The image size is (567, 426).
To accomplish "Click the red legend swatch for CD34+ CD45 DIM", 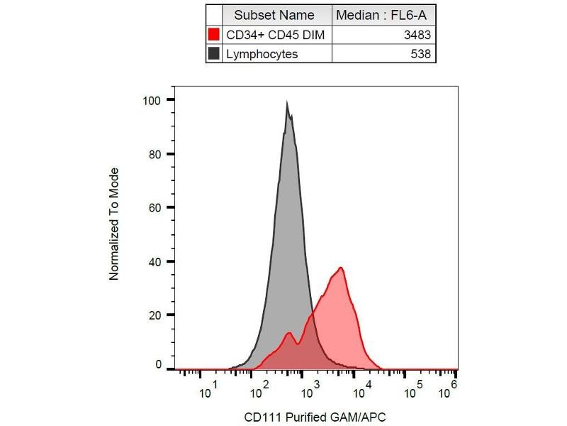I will coord(214,35).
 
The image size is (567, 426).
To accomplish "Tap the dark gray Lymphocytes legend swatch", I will coord(214,53).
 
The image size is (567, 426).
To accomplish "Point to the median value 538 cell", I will coord(420,53).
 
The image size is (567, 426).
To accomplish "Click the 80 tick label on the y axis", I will coord(156,154).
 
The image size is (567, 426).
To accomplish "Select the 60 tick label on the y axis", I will coord(156,207).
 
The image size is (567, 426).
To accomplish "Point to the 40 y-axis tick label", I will coord(156,261).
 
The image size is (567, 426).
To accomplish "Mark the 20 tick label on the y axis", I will coord(156,315).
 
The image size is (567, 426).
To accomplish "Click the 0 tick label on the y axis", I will coord(159,365).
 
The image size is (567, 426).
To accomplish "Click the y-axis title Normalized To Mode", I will coord(114,224).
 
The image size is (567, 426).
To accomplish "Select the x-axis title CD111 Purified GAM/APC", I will coord(315,417).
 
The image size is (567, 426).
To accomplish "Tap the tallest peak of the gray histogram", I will coord(287,104).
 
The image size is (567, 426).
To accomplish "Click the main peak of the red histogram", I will coord(341,268).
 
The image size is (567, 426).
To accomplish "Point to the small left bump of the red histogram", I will coord(288,333).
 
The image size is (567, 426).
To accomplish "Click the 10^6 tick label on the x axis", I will coord(449,390).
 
